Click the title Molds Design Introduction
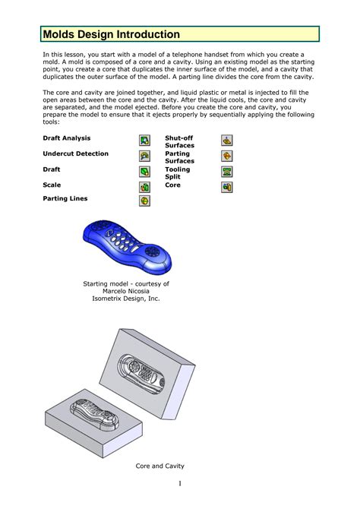point(112,34)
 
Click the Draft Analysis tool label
point(67,138)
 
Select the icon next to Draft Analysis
point(145,140)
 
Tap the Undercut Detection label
point(76,153)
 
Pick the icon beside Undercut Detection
point(145,155)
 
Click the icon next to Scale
point(145,187)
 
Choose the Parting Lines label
point(65,198)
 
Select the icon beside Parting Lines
point(145,201)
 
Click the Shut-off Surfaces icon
point(226,140)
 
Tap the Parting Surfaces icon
point(226,155)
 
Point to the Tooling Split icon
point(226,172)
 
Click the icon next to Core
point(226,187)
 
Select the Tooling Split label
point(178,173)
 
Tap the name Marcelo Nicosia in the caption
point(126,291)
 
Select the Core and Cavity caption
point(160,466)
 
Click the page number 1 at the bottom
point(181,483)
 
